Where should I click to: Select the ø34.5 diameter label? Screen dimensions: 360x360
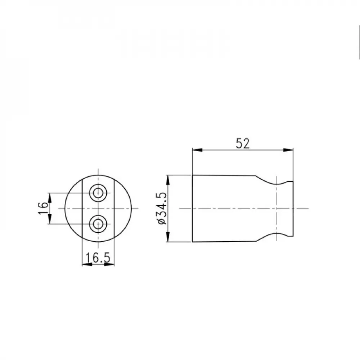(162, 208)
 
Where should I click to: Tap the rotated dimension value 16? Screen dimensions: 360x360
(42, 208)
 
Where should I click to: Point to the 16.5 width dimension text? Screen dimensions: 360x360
(98, 258)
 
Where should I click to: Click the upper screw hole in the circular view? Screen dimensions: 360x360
(98, 193)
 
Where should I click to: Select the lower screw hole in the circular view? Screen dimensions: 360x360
(98, 224)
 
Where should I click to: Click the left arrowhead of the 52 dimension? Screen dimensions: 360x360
(196, 150)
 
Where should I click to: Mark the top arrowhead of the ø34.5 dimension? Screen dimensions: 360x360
(167, 179)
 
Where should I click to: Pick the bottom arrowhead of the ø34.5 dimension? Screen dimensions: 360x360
(167, 238)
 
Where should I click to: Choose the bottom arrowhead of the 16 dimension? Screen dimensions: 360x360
(50, 220)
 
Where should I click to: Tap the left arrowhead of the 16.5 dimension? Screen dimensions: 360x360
(86, 265)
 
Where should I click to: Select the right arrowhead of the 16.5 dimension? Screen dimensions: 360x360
(110, 265)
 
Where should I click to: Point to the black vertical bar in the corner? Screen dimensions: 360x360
(359, 41)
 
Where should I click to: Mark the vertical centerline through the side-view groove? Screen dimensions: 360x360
(276, 194)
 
